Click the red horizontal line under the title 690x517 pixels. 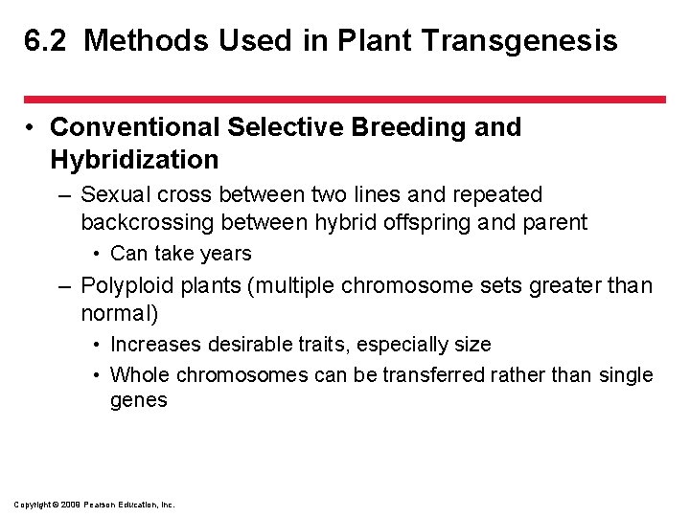pyautogui.click(x=345, y=99)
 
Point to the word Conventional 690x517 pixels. pyautogui.click(x=135, y=127)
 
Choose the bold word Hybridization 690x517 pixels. pyautogui.click(x=134, y=159)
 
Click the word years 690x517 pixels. pyautogui.click(x=227, y=254)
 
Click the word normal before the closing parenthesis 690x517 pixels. pyautogui.click(x=116, y=313)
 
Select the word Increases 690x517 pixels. pyautogui.click(x=153, y=345)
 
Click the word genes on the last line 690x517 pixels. pyautogui.click(x=139, y=400)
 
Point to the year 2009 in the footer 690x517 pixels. pyautogui.click(x=69, y=504)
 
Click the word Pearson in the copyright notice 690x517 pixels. pyautogui.click(x=100, y=504)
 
